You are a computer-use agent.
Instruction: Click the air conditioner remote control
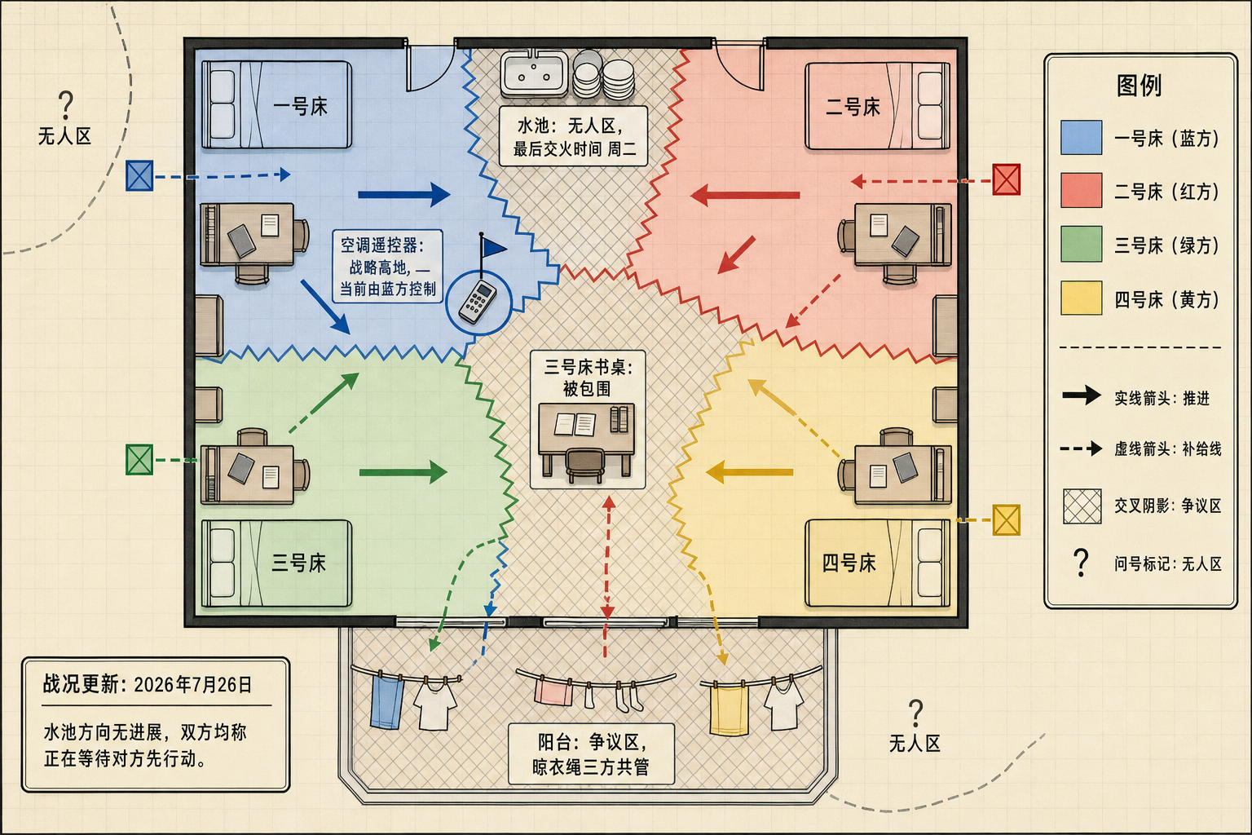click(x=478, y=302)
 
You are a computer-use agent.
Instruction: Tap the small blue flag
click(x=493, y=246)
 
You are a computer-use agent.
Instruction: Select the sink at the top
click(x=535, y=73)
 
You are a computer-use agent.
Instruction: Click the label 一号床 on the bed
click(x=300, y=106)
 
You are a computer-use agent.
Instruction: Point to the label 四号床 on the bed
click(x=849, y=563)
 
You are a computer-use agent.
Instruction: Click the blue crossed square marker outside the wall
click(x=139, y=175)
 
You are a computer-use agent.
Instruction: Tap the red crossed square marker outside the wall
click(x=1006, y=179)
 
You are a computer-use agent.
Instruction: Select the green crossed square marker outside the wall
click(x=139, y=460)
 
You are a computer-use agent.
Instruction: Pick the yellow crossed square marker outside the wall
click(x=1006, y=520)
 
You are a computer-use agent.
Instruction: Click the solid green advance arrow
click(x=403, y=472)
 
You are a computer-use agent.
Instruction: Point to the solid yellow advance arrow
click(x=750, y=472)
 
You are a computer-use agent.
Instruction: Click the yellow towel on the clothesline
click(x=729, y=710)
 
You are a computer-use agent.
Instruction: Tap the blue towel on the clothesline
click(x=387, y=702)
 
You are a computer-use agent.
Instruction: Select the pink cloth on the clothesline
click(x=553, y=692)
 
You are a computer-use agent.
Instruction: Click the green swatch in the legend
click(x=1082, y=244)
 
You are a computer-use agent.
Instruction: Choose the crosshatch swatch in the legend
click(x=1082, y=506)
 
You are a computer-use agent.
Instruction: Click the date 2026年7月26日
click(x=193, y=685)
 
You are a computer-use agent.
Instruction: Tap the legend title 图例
click(x=1139, y=86)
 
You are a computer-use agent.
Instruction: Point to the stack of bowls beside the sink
click(x=604, y=76)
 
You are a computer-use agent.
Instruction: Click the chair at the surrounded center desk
click(x=585, y=465)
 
